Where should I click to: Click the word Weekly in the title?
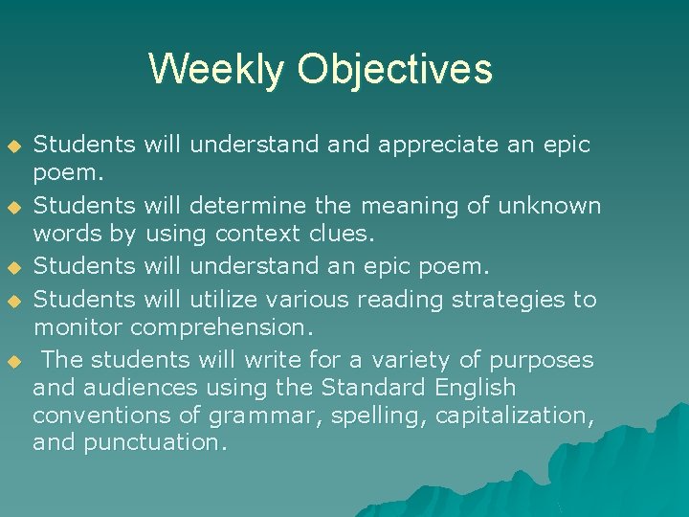click(x=216, y=70)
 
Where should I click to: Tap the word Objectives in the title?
click(x=394, y=70)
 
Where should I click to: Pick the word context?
click(x=256, y=233)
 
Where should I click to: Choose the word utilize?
click(x=226, y=300)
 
